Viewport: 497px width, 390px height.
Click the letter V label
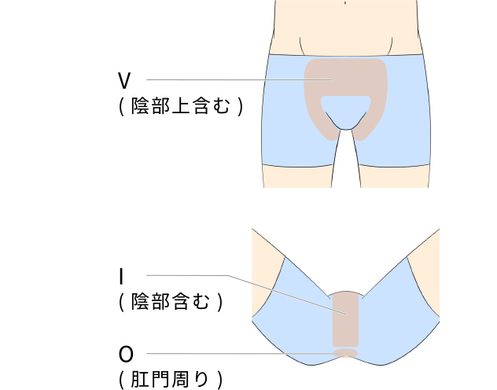pyautogui.click(x=124, y=80)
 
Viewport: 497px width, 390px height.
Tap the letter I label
pyautogui.click(x=121, y=276)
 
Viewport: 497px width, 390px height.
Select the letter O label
pyautogui.click(x=126, y=354)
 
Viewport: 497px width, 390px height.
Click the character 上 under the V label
pyautogui.click(x=180, y=106)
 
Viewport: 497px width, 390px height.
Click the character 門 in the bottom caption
pyautogui.click(x=160, y=379)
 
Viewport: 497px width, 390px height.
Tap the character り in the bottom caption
pyautogui.click(x=201, y=379)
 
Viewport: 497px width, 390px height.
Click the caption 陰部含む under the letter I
pyautogui.click(x=171, y=301)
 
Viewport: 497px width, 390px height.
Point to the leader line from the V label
pyautogui.click(x=240, y=79)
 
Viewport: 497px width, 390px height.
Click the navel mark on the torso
pyautogui.click(x=345, y=3)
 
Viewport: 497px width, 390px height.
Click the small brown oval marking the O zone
pyautogui.click(x=345, y=353)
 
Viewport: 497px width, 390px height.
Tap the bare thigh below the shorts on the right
pyautogui.click(x=395, y=177)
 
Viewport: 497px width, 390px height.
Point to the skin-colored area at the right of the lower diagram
pyautogui.click(x=425, y=273)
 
